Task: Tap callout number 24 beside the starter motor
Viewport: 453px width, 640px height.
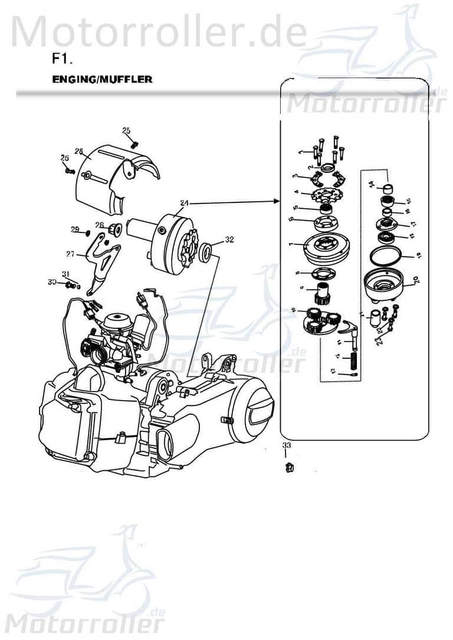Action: click(x=184, y=203)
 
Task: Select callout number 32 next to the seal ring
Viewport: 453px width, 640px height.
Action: click(x=229, y=240)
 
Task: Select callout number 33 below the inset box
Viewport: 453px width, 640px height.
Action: click(x=286, y=445)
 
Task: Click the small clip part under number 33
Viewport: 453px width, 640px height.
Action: click(x=289, y=468)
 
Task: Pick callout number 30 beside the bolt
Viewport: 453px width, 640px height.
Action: click(x=52, y=283)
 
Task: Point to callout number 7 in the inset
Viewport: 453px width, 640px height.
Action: click(x=291, y=244)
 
